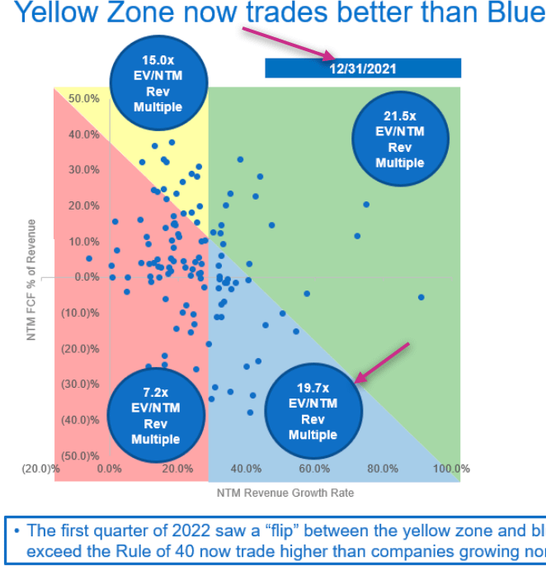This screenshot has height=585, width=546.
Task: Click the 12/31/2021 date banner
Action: click(363, 68)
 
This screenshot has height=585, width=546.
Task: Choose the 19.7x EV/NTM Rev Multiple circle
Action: click(313, 410)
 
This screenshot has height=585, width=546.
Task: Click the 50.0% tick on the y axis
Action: click(84, 98)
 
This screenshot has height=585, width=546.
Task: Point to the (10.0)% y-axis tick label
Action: click(82, 313)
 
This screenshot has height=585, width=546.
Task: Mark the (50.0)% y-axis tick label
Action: click(82, 455)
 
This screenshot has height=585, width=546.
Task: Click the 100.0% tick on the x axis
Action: click(451, 469)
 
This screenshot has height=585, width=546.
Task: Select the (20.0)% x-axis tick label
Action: click(40, 469)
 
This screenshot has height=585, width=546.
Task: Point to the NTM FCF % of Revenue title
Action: click(31, 280)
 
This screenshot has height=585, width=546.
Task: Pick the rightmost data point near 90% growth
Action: click(421, 297)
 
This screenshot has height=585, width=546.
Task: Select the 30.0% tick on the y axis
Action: click(84, 170)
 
